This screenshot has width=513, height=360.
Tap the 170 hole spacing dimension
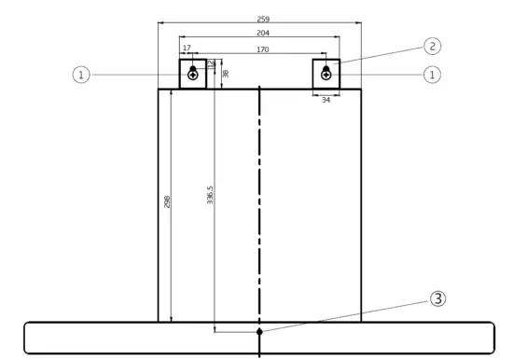(262, 49)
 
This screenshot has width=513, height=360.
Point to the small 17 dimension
(187, 48)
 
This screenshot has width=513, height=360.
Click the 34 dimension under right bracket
(326, 99)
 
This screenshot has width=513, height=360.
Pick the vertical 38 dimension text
(225, 73)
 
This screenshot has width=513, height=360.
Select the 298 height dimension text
(167, 203)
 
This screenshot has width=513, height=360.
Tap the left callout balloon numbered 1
(82, 74)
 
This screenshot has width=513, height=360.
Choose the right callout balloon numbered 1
(431, 74)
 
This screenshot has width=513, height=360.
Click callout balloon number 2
(431, 45)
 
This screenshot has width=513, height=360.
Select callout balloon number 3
(437, 299)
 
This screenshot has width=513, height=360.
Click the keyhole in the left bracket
(193, 73)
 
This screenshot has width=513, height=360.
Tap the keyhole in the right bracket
(326, 73)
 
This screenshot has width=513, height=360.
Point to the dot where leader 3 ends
(259, 330)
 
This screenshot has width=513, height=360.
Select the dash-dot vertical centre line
(259, 187)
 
